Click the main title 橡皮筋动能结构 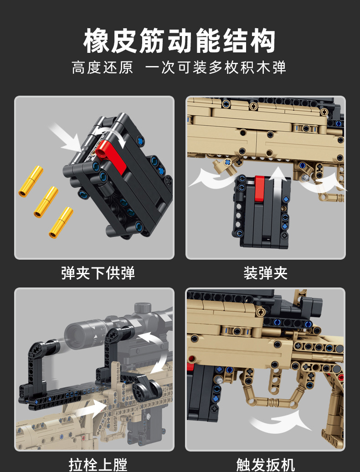tap(180, 41)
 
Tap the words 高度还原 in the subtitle tap(103, 67)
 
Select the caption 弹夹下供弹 tap(98, 273)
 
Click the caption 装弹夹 tap(265, 273)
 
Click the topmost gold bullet tap(31, 181)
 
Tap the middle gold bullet tap(46, 201)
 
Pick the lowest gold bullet tap(61, 222)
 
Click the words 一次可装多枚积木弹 tap(216, 67)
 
